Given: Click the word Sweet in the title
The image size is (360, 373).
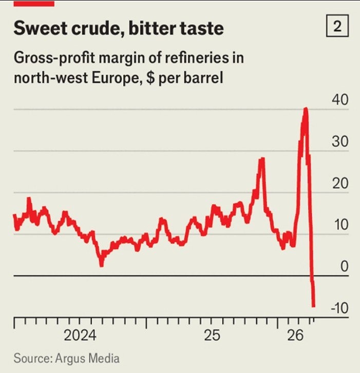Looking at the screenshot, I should pos(40,28).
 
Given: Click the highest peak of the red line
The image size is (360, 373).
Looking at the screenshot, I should pos(306,109).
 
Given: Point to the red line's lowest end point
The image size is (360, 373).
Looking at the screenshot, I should pos(313,306).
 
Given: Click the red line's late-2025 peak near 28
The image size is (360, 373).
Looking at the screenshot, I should pos(261,159).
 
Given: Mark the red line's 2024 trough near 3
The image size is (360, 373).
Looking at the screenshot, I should pos(101,265).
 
